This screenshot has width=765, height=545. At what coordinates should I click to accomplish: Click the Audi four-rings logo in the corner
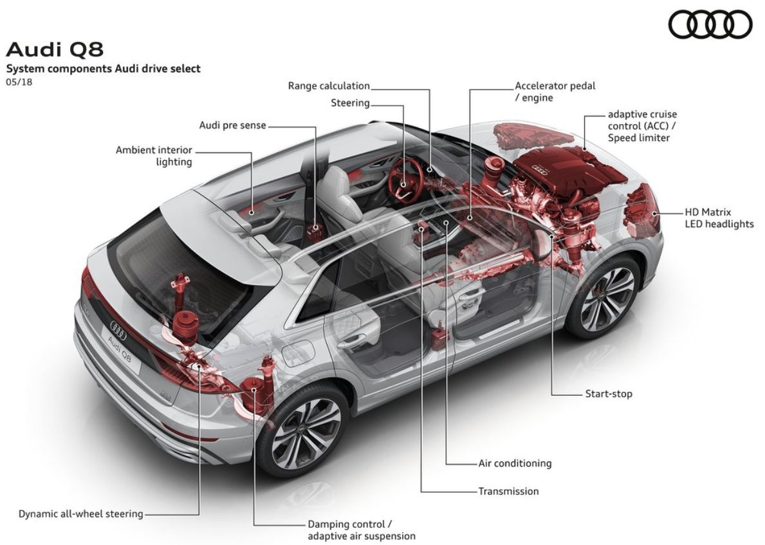pyautogui.click(x=710, y=24)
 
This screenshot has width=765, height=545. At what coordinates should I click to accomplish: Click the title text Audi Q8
pyautogui.click(x=55, y=50)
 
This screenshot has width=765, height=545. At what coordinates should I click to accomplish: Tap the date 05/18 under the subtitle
pyautogui.click(x=19, y=82)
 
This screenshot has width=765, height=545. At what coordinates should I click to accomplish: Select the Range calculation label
pyautogui.click(x=329, y=86)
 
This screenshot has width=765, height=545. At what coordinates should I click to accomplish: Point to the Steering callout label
pyautogui.click(x=350, y=103)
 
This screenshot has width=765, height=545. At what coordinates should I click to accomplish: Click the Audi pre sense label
pyautogui.click(x=233, y=125)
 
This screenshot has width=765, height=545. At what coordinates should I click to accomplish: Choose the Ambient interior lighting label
pyautogui.click(x=154, y=156)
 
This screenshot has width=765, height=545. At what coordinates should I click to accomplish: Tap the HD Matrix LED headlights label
pyautogui.click(x=719, y=218)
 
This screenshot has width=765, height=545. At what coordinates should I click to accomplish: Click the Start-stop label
pyautogui.click(x=609, y=394)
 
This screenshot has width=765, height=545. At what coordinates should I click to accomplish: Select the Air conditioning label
pyautogui.click(x=515, y=463)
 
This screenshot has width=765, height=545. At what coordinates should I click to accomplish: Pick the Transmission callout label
pyautogui.click(x=508, y=492)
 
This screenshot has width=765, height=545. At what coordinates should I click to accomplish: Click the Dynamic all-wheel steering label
pyautogui.click(x=81, y=513)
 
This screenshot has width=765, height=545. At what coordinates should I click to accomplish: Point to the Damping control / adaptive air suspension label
pyautogui.click(x=362, y=530)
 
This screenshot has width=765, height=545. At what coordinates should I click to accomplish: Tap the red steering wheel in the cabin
pyautogui.click(x=406, y=179)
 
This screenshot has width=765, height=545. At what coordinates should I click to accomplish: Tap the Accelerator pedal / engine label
pyautogui.click(x=555, y=92)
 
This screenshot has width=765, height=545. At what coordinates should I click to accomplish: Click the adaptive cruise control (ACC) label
pyautogui.click(x=643, y=126)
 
